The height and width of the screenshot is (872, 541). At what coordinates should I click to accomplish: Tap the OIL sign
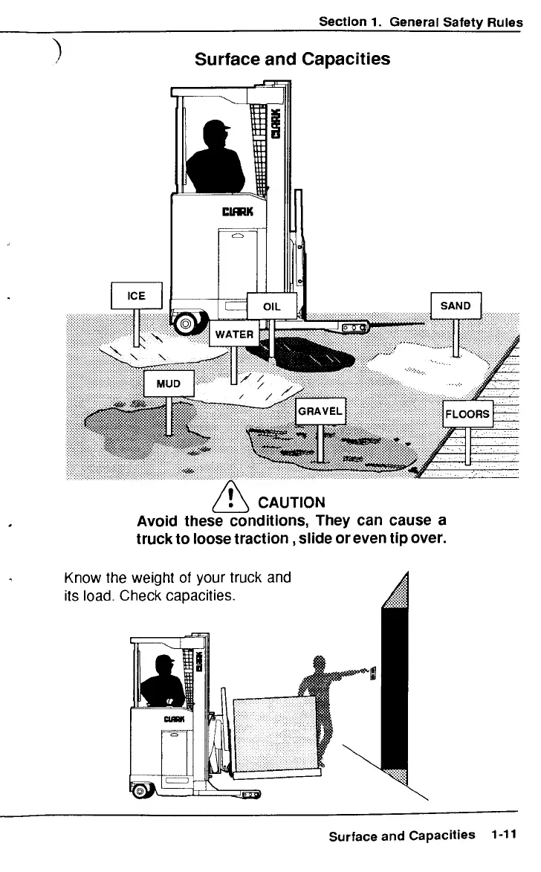271,306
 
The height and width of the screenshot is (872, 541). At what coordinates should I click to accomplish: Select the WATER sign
234,334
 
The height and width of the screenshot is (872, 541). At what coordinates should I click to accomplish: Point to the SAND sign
456,306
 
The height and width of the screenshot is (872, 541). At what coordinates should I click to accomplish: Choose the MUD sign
168,383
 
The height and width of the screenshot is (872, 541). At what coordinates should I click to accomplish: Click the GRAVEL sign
320,411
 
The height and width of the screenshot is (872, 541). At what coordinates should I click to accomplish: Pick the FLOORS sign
467,414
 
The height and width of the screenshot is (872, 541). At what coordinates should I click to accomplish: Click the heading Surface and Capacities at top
292,59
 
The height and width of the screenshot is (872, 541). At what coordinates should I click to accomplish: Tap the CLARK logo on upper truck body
238,213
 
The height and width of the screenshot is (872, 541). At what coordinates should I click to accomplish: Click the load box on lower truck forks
276,733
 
